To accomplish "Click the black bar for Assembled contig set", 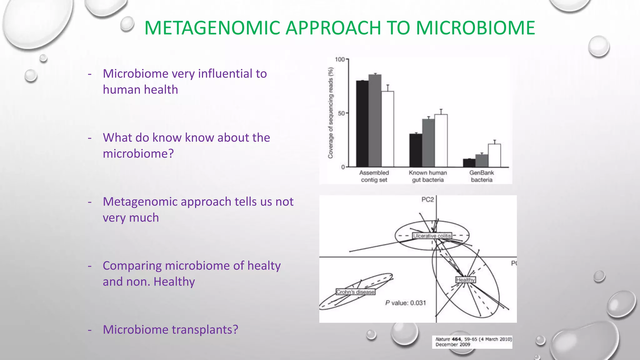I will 362,123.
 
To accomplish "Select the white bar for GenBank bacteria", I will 494,155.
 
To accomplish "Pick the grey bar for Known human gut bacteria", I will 428,143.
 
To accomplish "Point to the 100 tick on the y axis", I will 340,59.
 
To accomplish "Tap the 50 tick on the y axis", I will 341,113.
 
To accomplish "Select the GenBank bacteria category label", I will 482,176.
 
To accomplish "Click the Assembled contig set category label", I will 374,176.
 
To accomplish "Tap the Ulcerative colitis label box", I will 432,236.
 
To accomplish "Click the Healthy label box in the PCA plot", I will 465,280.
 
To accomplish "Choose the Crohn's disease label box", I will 355,292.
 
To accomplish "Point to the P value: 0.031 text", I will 405,303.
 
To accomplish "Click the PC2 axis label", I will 427,200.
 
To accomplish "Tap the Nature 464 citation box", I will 472,342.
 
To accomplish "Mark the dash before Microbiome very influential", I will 90,74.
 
